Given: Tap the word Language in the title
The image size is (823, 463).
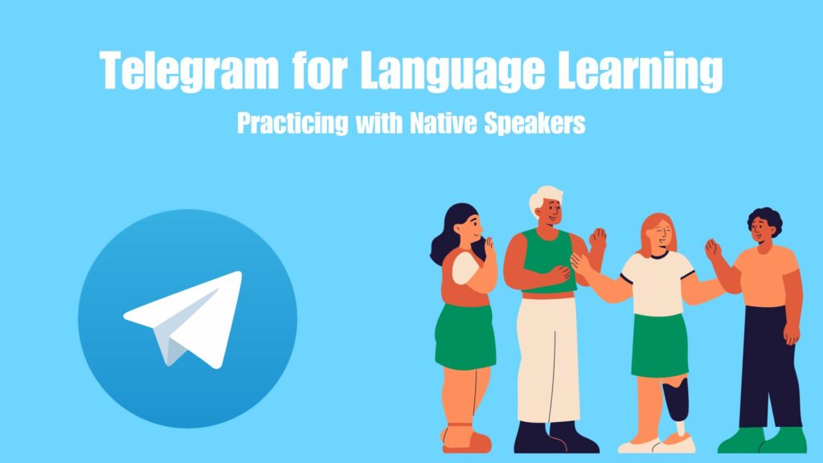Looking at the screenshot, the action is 452,72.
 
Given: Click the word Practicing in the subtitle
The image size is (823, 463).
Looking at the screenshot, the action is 293,124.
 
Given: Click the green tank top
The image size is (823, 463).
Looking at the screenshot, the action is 548,260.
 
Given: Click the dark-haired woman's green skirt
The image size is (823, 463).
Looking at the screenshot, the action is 465,335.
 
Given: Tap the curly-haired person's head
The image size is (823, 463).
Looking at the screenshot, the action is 765,226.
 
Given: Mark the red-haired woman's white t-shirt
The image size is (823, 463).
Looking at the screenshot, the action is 657,283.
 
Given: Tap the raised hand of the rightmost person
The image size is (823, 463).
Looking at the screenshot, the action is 712,250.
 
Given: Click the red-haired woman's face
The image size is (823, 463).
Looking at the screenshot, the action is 661,235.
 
